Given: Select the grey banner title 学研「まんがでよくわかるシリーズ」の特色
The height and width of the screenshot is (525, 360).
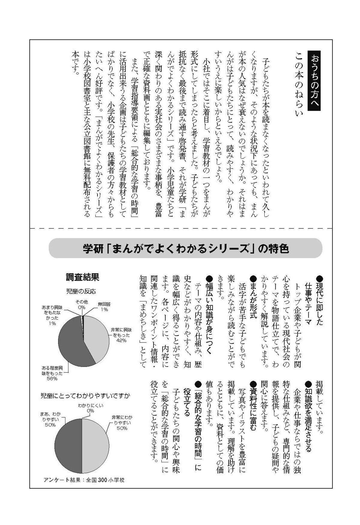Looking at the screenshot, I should pyautogui.click(x=186, y=249).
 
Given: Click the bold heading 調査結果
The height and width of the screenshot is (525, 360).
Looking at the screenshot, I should pyautogui.click(x=82, y=277).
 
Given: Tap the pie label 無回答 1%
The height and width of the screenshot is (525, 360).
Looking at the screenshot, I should pyautogui.click(x=104, y=306).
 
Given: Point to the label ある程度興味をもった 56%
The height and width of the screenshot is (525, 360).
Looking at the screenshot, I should pyautogui.click(x=52, y=373).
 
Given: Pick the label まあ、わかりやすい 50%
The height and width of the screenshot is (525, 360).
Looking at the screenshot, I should pyautogui.click(x=50, y=419).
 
